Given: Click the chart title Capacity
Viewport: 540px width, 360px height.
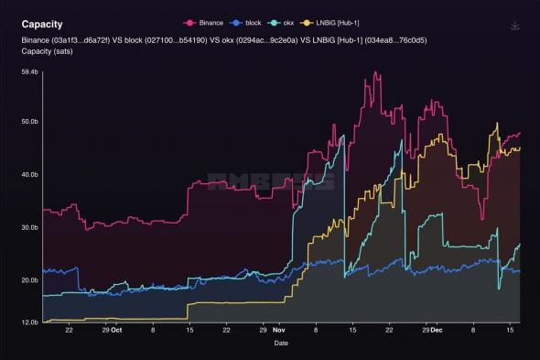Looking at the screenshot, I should point(42,24).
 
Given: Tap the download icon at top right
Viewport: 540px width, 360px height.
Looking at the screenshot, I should point(515,26).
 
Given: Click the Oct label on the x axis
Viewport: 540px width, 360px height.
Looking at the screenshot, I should point(116,331).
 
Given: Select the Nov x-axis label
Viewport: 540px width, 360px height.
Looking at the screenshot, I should point(281,331).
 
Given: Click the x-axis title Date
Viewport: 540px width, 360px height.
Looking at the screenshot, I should point(282,344).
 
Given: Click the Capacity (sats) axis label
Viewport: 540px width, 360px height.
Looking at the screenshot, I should point(49,52).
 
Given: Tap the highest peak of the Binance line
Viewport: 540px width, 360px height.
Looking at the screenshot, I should point(365,72).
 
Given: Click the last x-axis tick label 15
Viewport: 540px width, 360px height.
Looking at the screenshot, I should point(510,331).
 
